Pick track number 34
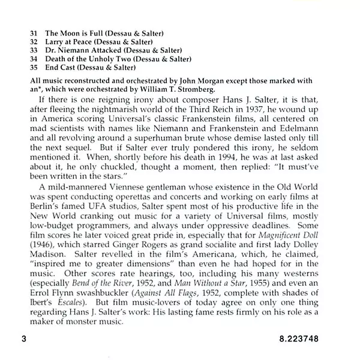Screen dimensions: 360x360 tap(34, 59)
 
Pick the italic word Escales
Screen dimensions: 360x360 tap(64, 311)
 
